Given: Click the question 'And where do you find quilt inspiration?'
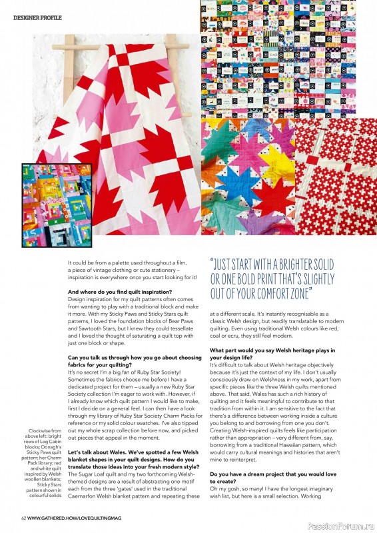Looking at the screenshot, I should pos(121,292).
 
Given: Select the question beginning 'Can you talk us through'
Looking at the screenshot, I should pos(135,358).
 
